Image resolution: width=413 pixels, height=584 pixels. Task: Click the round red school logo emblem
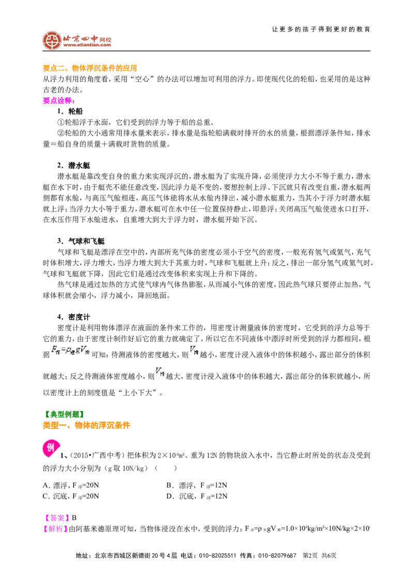click(x=52, y=40)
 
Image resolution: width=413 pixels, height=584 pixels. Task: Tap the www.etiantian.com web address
click(x=87, y=45)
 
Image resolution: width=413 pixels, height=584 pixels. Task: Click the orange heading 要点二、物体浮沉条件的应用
click(x=90, y=68)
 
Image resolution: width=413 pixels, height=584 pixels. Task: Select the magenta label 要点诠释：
click(x=59, y=101)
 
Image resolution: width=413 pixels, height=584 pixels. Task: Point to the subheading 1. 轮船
click(x=70, y=111)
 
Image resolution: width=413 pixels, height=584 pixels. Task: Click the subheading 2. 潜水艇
click(x=73, y=166)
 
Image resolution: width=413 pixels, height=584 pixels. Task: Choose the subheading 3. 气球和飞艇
click(x=81, y=241)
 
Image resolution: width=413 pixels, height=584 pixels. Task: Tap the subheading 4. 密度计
click(x=73, y=317)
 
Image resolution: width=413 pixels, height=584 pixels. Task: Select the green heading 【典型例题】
click(x=63, y=414)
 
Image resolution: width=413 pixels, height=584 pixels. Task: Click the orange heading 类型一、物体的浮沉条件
click(x=87, y=425)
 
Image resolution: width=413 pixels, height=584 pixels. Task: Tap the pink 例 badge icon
click(x=51, y=447)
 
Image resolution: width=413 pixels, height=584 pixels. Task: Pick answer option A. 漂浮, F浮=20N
click(x=71, y=485)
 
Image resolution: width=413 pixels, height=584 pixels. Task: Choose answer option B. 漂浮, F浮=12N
click(x=197, y=485)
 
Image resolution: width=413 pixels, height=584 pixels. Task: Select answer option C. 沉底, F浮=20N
click(x=71, y=496)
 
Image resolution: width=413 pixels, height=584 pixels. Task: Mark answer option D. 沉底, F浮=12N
click(x=197, y=496)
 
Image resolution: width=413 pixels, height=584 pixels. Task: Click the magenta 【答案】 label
click(x=57, y=517)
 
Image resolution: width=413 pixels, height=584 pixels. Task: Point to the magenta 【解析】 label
click(x=55, y=528)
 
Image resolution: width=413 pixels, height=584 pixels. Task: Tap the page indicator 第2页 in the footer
click(x=310, y=556)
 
